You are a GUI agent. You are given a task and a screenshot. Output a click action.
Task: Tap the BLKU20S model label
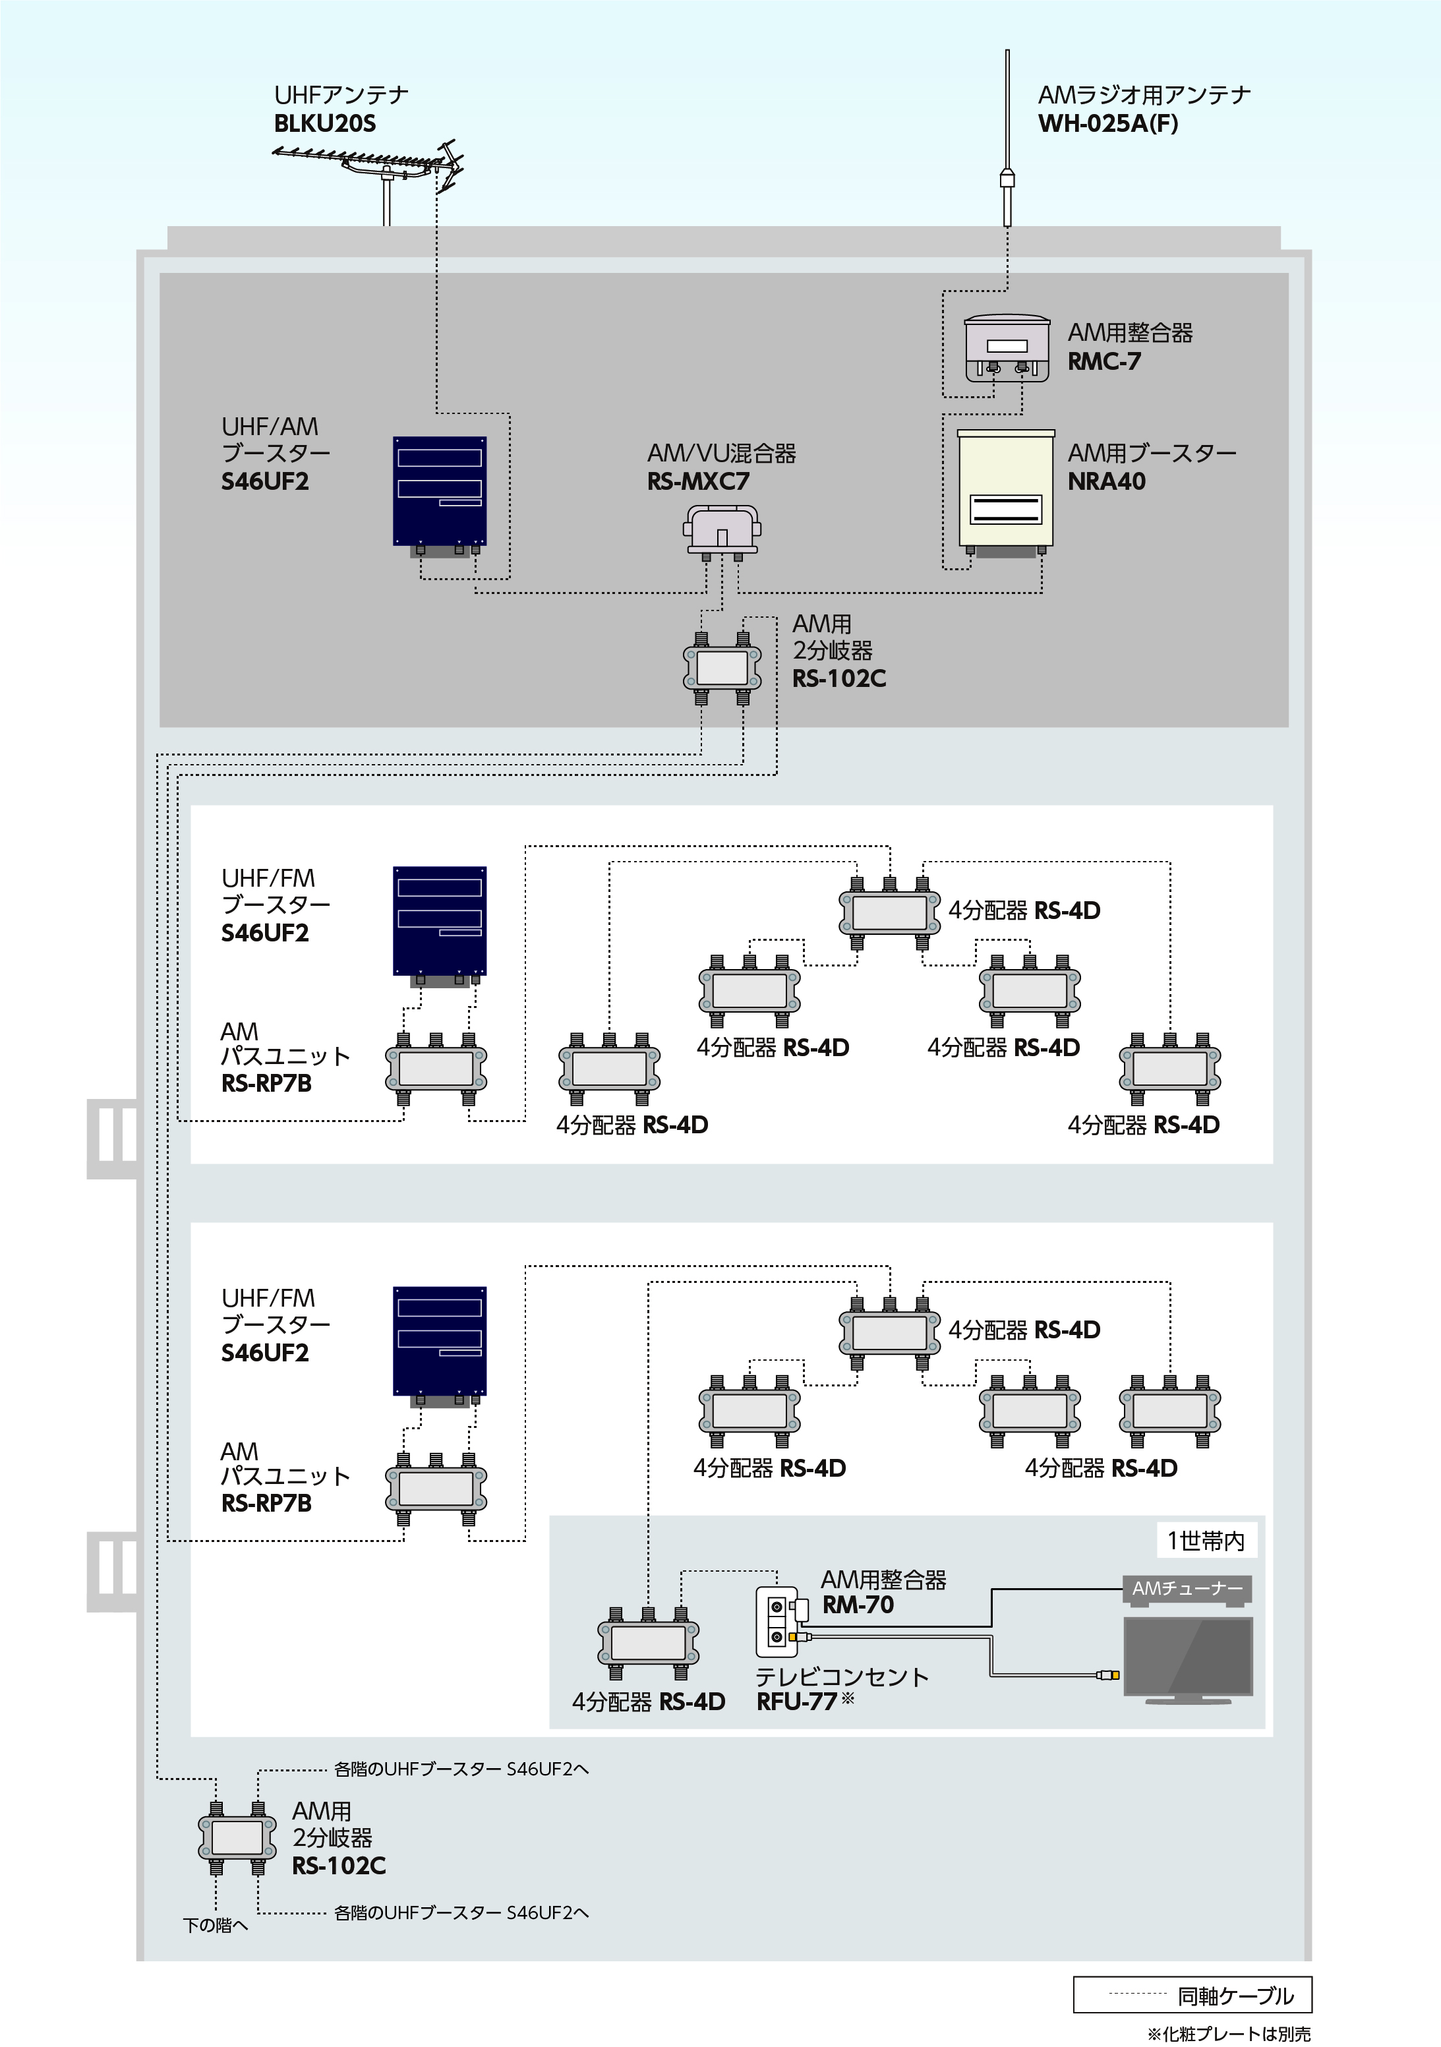324,124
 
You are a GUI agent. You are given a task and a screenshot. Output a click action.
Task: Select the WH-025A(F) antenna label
1107,124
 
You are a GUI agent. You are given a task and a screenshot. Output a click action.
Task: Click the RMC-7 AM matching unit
1006,347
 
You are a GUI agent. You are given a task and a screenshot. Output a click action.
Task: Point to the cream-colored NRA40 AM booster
1005,489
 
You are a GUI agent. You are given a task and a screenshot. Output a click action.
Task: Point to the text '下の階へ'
216,1926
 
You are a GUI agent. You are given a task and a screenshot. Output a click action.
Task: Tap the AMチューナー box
1187,1588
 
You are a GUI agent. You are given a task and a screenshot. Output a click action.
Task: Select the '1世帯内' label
1206,1541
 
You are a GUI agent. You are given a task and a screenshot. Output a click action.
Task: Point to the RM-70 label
858,1605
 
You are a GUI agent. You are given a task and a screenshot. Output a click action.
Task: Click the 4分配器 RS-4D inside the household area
648,1642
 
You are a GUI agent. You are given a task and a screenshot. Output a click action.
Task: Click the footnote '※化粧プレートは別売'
1229,2034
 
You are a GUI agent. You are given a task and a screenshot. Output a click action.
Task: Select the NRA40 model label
1107,481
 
